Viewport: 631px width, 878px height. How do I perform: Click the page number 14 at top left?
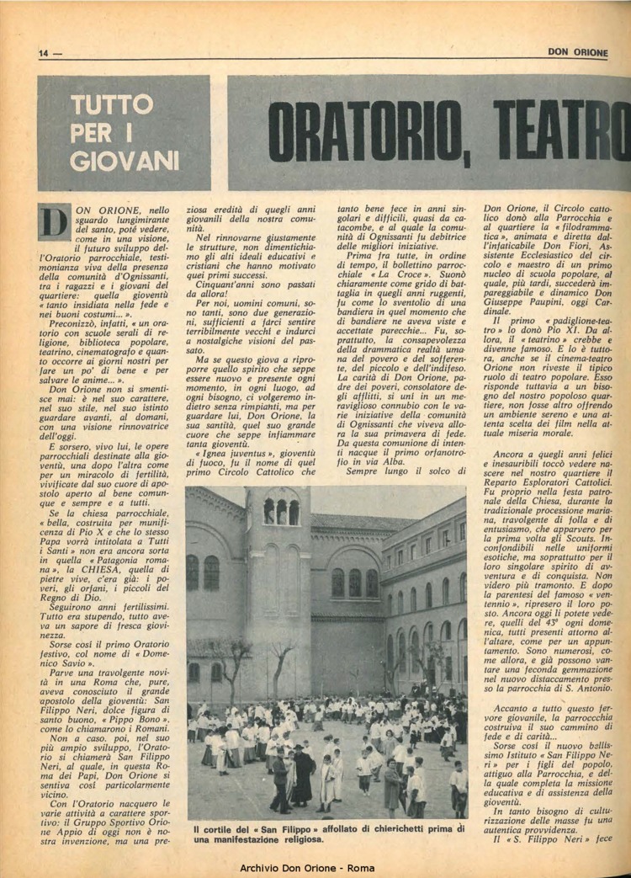44,53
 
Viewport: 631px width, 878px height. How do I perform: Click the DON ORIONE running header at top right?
577,52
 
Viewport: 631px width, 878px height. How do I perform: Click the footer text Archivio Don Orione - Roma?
315,868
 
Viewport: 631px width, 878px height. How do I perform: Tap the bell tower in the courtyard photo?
278,572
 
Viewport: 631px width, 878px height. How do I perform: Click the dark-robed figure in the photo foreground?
302,774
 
